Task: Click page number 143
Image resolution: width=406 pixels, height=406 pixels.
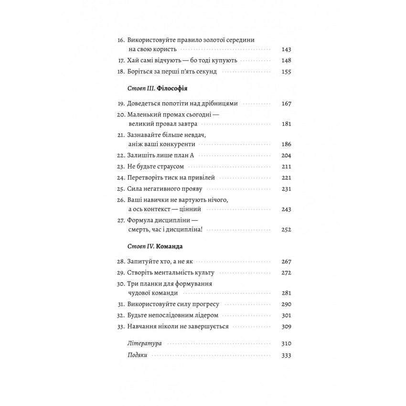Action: coord(287,49)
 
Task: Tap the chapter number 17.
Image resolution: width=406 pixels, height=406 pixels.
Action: coord(120,61)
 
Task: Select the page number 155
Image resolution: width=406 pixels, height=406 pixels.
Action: coord(287,72)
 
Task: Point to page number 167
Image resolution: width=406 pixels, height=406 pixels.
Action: coord(287,103)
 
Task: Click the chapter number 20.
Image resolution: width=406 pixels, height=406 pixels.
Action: coord(120,115)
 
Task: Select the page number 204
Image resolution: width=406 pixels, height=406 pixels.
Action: coord(287,155)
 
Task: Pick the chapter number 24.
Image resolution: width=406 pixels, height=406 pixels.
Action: coord(120,178)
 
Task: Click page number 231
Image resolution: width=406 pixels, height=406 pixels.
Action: coord(287,189)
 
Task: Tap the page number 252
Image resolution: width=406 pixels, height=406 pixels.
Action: coord(287,229)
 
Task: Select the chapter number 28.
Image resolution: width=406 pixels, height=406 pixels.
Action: coord(120,261)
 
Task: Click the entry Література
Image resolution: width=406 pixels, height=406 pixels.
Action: coord(145,343)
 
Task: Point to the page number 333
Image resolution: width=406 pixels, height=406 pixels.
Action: coord(287,355)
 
